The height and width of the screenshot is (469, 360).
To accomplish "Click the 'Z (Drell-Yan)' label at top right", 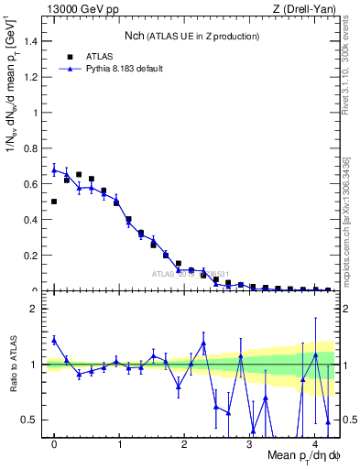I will pyautogui.click(x=304, y=8).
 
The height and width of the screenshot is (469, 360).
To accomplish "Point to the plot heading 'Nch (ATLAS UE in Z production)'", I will pyautogui.click(x=192, y=36).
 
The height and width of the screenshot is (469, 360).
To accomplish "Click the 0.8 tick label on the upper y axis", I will pyautogui.click(x=30, y=149).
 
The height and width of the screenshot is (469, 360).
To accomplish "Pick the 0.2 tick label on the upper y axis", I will pyautogui.click(x=30, y=256).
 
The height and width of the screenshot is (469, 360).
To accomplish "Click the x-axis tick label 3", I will pyautogui.click(x=251, y=446).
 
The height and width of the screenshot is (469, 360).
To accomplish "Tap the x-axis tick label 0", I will pyautogui.click(x=54, y=446).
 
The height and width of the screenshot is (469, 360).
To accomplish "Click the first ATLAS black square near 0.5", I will pyautogui.click(x=54, y=202).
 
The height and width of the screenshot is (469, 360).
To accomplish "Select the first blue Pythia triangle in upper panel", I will pyautogui.click(x=54, y=169).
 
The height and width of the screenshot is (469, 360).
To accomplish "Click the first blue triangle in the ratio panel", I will pyautogui.click(x=54, y=340).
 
